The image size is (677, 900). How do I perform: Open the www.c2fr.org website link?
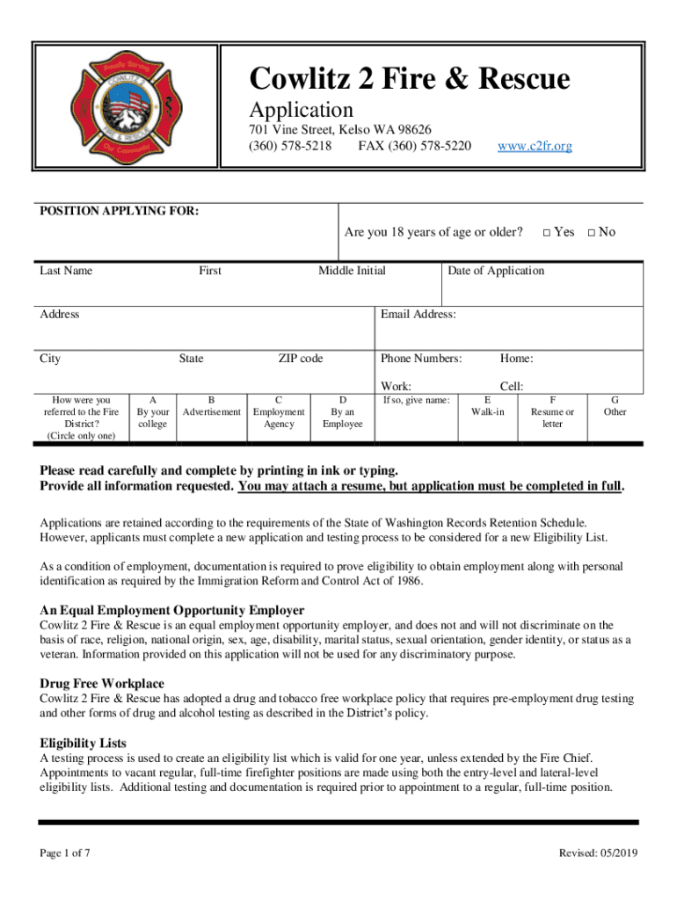point(535,146)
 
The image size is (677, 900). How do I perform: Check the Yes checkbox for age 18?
point(546,233)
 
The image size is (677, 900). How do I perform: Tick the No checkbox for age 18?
point(592,233)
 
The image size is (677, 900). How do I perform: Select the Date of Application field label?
point(496,271)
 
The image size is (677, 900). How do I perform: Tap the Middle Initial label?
point(352,271)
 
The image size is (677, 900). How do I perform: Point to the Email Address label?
point(418,315)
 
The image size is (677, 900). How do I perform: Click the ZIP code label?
point(301,359)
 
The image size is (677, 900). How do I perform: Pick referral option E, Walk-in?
point(488,406)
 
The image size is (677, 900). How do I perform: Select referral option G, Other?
point(615,406)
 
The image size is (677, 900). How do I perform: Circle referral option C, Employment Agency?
point(279,411)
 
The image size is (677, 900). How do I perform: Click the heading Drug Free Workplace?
point(102,684)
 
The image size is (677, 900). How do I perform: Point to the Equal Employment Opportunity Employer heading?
point(172,610)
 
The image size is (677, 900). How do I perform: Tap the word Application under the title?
point(302,110)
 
